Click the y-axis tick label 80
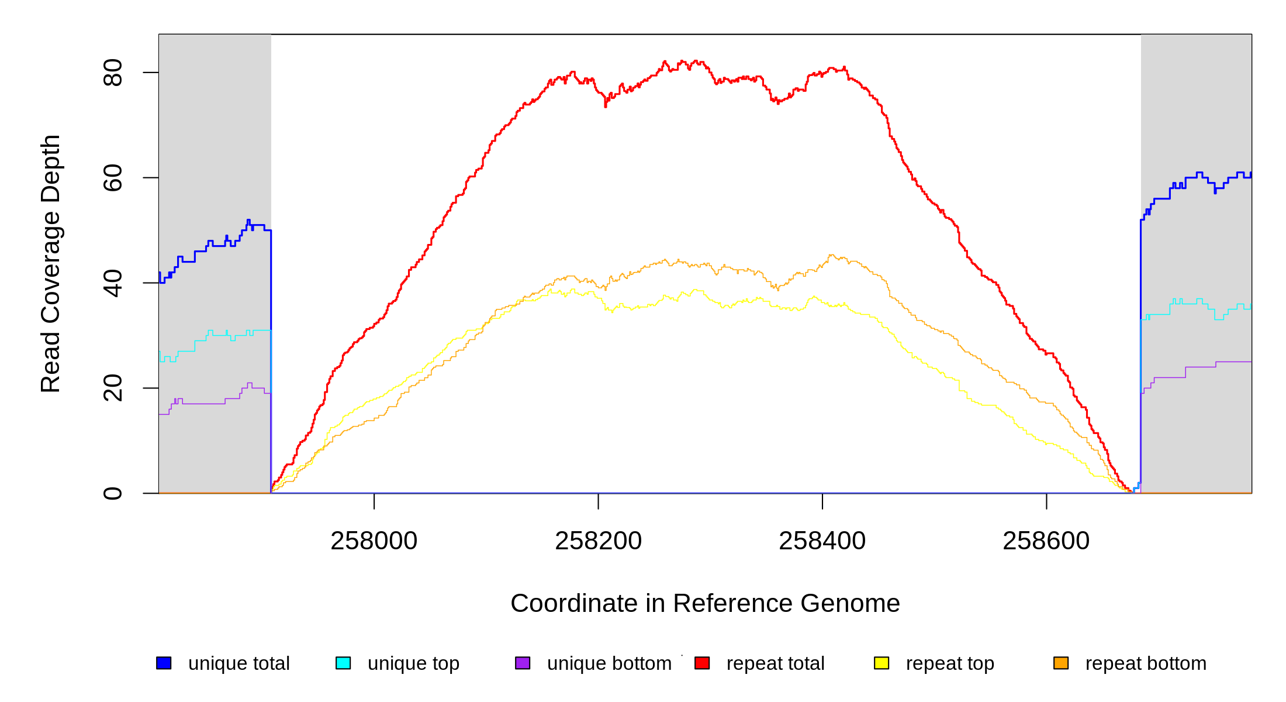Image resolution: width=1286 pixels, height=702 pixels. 112,73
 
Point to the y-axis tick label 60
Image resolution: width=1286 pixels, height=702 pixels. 112,178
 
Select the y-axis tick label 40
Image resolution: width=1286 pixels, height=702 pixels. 112,283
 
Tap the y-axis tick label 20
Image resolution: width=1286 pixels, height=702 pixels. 112,388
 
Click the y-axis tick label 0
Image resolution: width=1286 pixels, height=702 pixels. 112,493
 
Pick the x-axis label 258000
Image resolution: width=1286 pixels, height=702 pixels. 374,541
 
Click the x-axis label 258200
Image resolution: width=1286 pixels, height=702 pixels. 598,541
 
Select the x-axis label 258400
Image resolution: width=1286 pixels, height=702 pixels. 822,541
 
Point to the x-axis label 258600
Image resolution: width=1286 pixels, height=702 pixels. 1046,541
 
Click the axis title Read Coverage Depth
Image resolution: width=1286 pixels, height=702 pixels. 51,263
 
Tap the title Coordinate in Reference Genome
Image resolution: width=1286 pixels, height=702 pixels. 705,603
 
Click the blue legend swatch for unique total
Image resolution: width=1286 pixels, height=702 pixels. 164,663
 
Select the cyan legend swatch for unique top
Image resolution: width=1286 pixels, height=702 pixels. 343,663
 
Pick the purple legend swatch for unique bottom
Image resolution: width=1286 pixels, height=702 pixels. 523,663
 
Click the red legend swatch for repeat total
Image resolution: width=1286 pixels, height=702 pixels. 702,663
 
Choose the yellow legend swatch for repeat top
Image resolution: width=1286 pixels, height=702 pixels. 881,663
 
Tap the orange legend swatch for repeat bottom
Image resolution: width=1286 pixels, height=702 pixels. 1061,663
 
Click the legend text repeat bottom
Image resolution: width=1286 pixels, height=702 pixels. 1146,663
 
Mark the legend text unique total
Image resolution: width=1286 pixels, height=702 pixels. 238,663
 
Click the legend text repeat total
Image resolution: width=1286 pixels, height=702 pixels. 775,663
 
